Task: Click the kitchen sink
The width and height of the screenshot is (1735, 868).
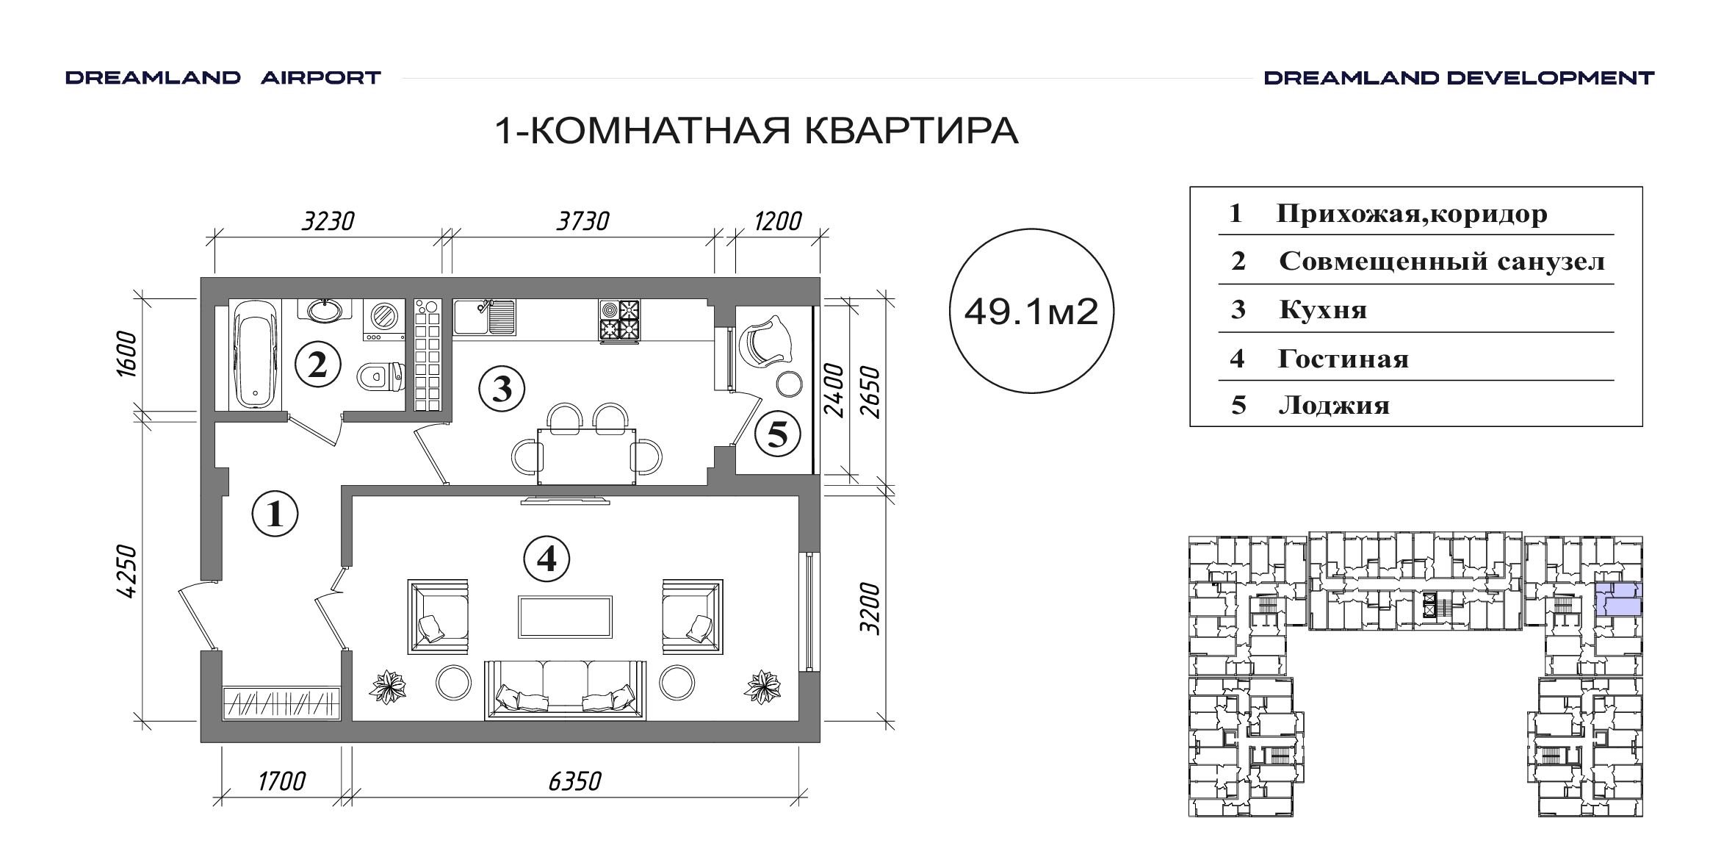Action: [484, 317]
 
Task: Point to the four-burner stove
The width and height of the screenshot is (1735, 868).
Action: [619, 320]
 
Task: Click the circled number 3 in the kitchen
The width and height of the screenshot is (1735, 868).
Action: [502, 389]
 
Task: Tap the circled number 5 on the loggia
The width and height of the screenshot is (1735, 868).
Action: [777, 434]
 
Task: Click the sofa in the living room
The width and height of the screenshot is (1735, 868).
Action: [565, 689]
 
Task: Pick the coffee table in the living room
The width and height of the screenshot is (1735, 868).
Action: [565, 617]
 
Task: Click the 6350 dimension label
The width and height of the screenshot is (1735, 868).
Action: [574, 781]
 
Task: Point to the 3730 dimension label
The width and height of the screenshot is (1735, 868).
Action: [582, 220]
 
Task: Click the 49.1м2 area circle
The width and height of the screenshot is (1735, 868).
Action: [1031, 311]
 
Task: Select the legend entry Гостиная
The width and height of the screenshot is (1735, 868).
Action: [1343, 359]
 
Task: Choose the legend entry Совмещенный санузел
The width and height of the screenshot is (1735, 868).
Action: [1442, 261]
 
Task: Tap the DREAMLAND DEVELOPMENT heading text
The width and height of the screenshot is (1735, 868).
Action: [1459, 78]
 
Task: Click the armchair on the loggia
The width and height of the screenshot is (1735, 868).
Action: [767, 340]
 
